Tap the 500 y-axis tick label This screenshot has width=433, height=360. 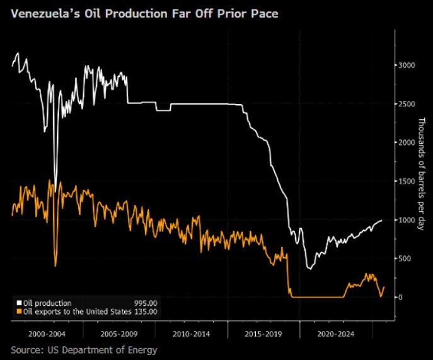point(405,258)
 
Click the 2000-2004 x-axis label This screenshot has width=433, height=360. point(47,332)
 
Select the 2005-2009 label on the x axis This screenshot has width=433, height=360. point(119,332)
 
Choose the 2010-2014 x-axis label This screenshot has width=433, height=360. point(191,332)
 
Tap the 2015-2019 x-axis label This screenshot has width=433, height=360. point(263,332)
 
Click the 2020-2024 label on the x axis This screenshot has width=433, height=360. point(336,332)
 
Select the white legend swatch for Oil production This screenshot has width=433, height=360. point(19,303)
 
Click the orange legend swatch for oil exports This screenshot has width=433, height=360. point(19,311)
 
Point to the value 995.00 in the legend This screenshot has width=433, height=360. point(146,303)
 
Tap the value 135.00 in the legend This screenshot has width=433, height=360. point(146,311)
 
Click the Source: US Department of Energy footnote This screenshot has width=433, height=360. point(83,349)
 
